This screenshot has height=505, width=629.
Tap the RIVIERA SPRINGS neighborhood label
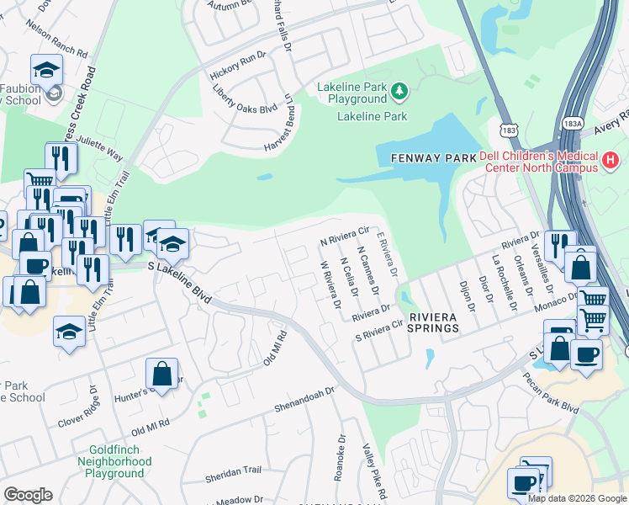coord(434,322)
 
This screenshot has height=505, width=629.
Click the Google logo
coord(28,494)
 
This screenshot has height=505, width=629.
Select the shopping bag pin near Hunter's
coord(161,374)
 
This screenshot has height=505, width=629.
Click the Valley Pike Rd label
coord(373,470)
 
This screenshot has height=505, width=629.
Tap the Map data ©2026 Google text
coord(577,497)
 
